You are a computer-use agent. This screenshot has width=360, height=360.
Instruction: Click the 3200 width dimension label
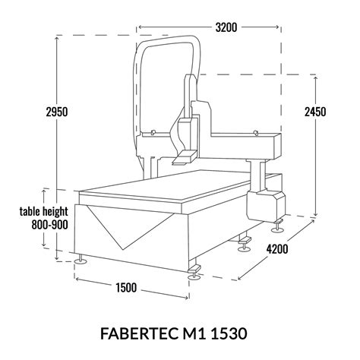click(x=226, y=27)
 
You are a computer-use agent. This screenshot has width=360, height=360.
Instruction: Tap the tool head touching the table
click(x=185, y=158)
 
